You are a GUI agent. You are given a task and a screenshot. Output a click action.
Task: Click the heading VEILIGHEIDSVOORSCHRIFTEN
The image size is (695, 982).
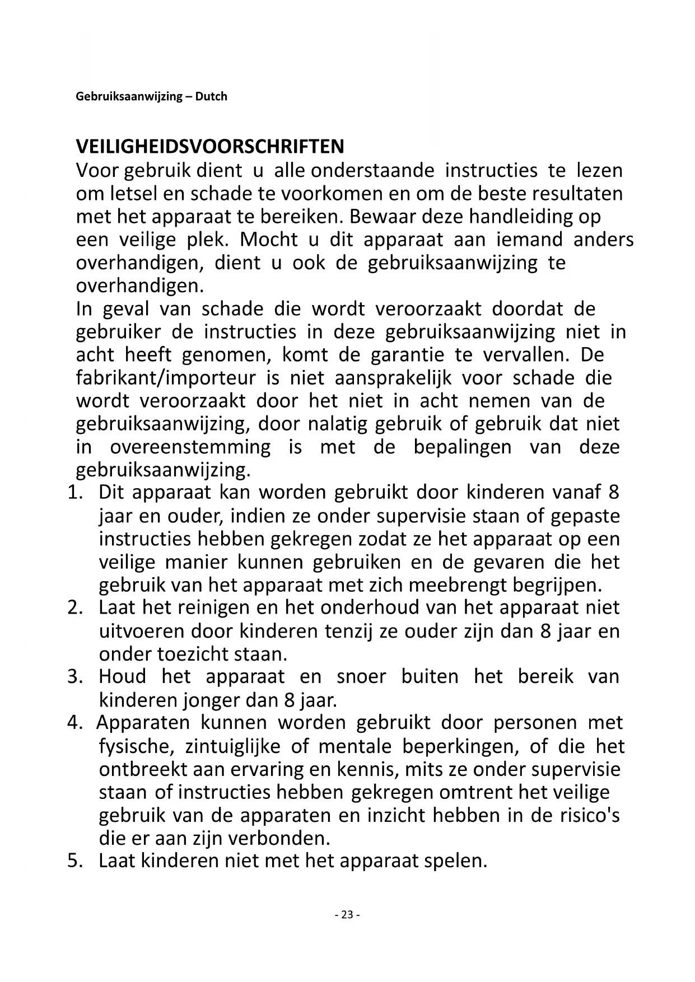point(210,147)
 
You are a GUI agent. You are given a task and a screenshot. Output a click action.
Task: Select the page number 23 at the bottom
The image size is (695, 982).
point(347,914)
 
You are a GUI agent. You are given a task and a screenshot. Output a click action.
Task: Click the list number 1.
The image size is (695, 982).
point(75,493)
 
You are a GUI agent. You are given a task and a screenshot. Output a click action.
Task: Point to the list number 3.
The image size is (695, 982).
point(75,677)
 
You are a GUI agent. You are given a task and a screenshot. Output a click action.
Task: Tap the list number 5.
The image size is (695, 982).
point(75,861)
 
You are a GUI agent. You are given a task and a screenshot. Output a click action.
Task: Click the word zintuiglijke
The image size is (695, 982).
point(238,746)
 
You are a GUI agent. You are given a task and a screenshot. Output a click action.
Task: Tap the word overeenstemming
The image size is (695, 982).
point(190,447)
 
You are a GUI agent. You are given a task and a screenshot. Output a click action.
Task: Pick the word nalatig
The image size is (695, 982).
point(338,424)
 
